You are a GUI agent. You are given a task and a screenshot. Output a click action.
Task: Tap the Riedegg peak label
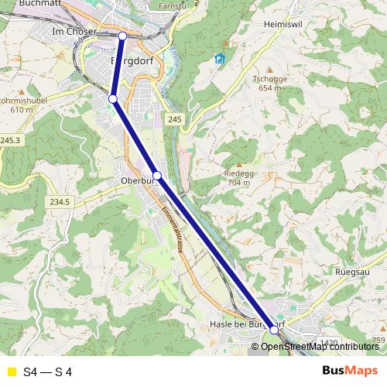click(x=238, y=173)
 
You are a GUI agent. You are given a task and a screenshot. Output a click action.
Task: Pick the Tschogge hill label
click(x=269, y=79)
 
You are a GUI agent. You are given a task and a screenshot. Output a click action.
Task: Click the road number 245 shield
click(x=173, y=118)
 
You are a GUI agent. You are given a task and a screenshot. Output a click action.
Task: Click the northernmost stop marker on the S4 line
click(x=122, y=36)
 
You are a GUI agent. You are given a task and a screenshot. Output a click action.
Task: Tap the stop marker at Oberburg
click(x=157, y=176)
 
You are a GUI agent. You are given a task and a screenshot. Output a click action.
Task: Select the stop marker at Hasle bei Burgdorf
click(x=274, y=330)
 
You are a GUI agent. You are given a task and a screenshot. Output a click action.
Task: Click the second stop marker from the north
click(x=113, y=98)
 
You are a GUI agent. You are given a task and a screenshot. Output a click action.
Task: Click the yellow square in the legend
click(x=11, y=372)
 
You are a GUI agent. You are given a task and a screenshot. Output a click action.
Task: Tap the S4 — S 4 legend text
click(x=48, y=372)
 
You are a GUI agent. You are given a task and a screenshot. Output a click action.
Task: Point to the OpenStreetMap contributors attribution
click(x=320, y=347)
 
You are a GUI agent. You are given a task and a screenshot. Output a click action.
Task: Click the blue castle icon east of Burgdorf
click(x=220, y=59)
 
